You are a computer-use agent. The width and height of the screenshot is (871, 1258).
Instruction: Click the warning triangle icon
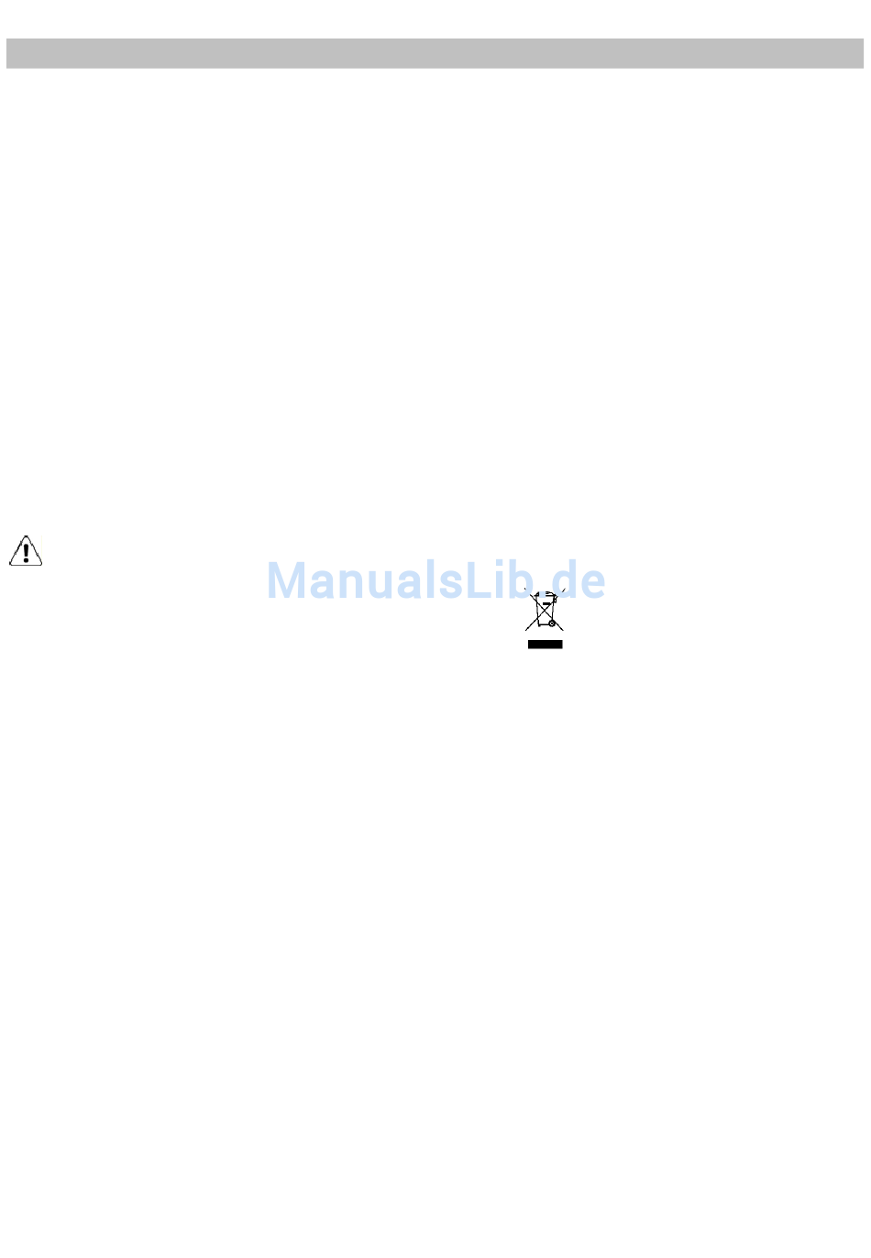26,551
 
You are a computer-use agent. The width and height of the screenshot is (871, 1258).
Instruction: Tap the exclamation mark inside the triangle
26,549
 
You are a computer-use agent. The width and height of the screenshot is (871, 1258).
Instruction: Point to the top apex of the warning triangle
26,535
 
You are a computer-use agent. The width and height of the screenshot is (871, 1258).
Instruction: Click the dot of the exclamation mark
26,559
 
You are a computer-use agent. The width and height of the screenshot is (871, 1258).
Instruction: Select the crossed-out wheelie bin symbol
544,611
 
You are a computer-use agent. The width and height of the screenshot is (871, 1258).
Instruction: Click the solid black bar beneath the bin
545,645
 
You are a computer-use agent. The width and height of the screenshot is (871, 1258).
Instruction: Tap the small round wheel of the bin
552,624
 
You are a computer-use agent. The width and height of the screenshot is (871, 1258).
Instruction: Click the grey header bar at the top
435,53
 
